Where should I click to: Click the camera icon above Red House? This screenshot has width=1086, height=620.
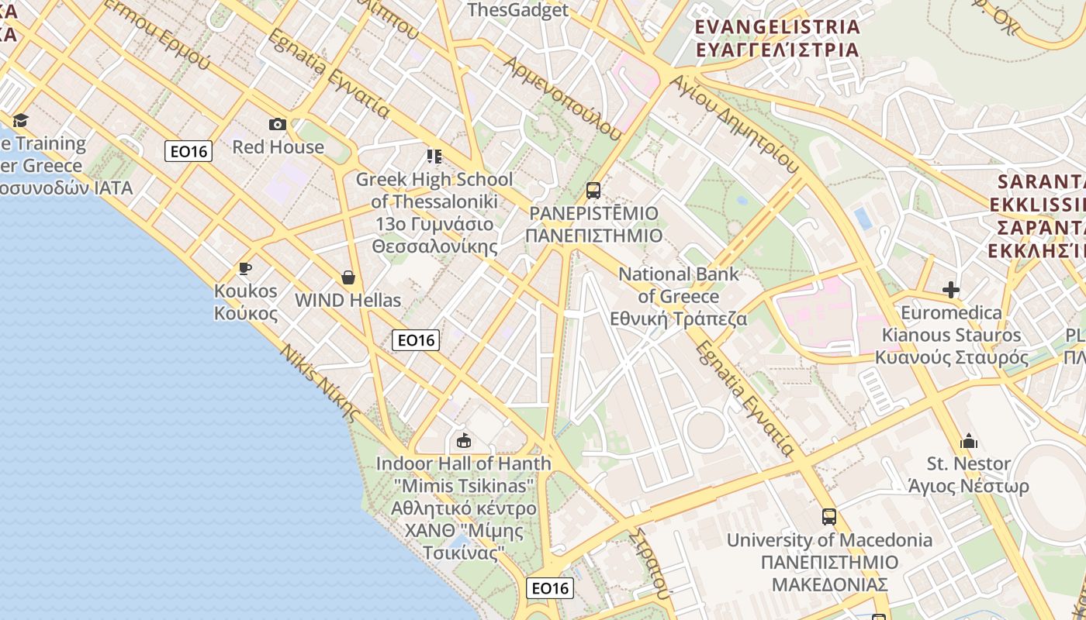pyautogui.click(x=277, y=124)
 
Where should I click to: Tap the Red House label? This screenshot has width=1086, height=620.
pyautogui.click(x=278, y=146)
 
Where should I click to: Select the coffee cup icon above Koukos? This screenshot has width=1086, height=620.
pyautogui.click(x=245, y=269)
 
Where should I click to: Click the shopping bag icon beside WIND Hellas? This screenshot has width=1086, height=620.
pyautogui.click(x=348, y=277)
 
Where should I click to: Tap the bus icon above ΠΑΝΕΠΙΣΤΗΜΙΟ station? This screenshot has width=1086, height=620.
pyautogui.click(x=593, y=190)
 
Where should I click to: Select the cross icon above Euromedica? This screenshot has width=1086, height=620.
pyautogui.click(x=951, y=291)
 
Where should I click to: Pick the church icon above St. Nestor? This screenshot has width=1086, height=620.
pyautogui.click(x=969, y=442)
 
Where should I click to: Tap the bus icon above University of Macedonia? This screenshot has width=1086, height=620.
pyautogui.click(x=829, y=516)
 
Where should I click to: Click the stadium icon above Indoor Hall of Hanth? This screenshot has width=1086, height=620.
pyautogui.click(x=464, y=441)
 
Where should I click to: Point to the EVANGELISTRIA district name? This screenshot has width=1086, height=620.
pyautogui.click(x=777, y=27)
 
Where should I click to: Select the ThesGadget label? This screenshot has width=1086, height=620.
pyautogui.click(x=518, y=10)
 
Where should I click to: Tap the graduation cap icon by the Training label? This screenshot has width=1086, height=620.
pyautogui.click(x=20, y=120)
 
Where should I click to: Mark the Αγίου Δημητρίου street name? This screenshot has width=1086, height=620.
pyautogui.click(x=734, y=123)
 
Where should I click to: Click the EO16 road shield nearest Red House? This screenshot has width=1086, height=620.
pyautogui.click(x=188, y=151)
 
